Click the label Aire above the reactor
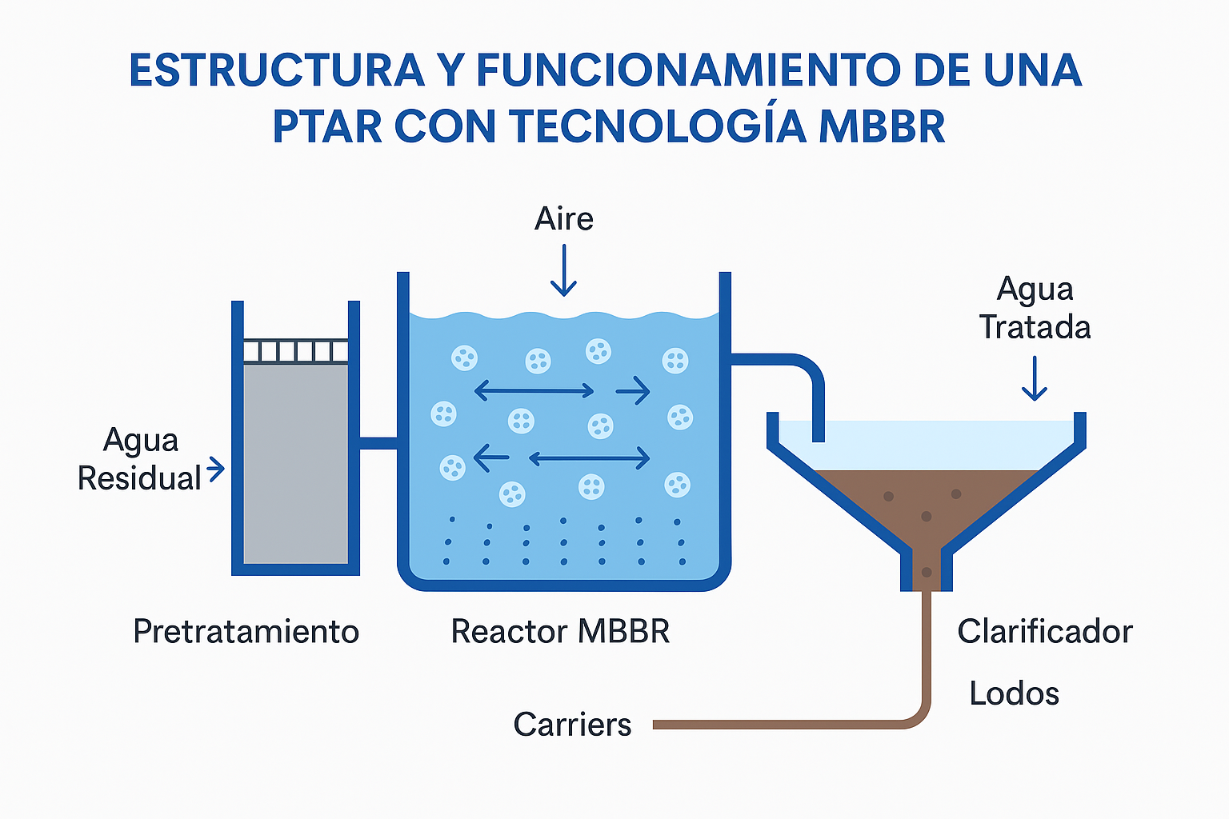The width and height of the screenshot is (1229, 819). [564, 219]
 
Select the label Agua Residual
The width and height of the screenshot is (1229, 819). [140, 459]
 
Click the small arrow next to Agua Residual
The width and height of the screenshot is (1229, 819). [216, 469]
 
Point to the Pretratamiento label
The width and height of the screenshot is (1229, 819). [246, 632]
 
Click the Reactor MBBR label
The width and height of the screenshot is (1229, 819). [560, 632]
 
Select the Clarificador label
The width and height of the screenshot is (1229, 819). [1044, 632]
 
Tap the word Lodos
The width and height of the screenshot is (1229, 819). [1014, 693]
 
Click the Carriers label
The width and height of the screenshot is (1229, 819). [572, 725]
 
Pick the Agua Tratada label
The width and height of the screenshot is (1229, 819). [1035, 309]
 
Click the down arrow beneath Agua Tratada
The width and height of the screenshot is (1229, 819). [1035, 379]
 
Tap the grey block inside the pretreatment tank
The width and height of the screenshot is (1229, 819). [295, 464]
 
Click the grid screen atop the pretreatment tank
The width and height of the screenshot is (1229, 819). [295, 351]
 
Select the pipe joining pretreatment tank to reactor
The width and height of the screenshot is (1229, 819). [378, 442]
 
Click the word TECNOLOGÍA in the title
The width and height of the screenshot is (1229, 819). [657, 126]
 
